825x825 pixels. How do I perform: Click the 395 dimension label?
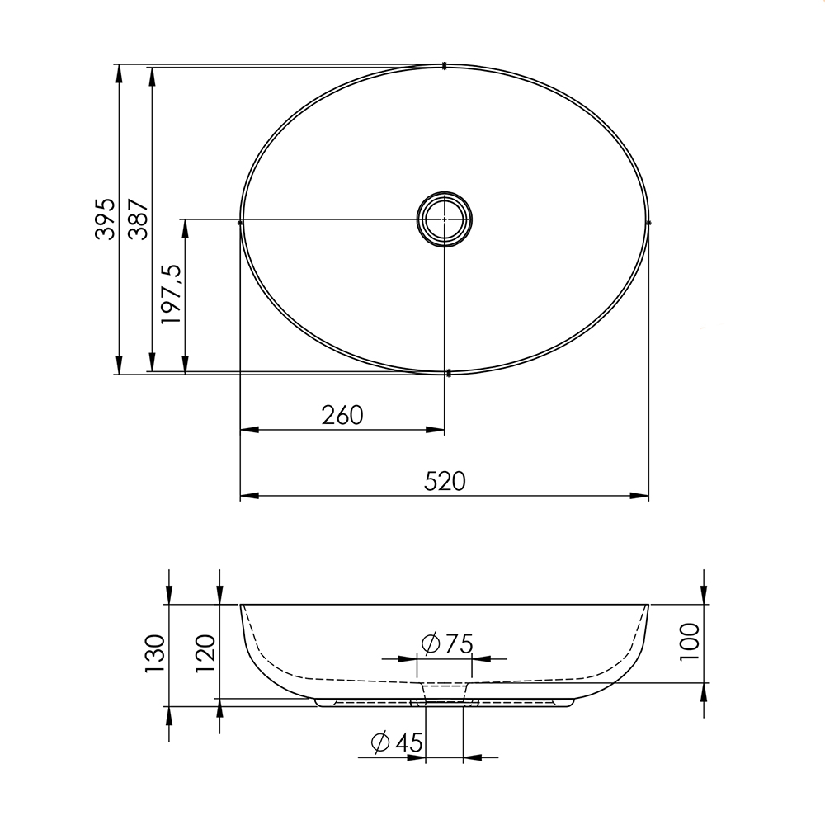(x=106, y=219)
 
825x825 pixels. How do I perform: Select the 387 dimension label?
(x=139, y=219)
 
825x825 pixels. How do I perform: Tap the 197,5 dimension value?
(x=172, y=295)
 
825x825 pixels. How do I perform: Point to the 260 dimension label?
(x=342, y=415)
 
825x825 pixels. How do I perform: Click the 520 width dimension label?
(x=445, y=482)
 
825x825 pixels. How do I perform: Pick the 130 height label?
(x=156, y=654)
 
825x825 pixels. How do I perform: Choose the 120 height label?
(x=205, y=654)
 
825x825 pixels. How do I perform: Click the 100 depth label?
(x=689, y=643)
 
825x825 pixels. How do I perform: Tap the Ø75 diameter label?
(x=447, y=643)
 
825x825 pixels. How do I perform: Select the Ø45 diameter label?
(x=397, y=742)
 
